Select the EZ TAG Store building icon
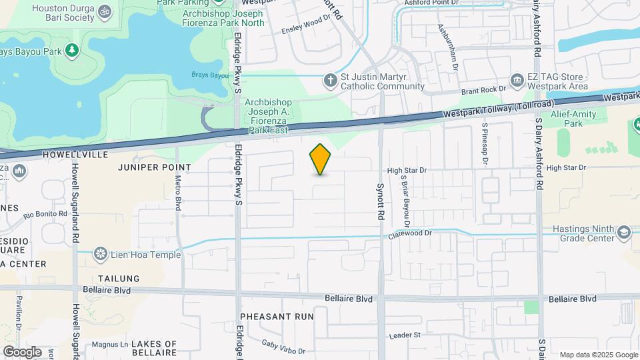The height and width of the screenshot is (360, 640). coord(517,81)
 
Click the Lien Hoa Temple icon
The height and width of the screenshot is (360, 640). coord(101,254)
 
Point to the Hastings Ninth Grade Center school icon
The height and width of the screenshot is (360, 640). coord(623,233)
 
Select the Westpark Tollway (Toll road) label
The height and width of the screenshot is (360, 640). coord(497,109)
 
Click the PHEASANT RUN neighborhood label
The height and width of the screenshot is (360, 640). coord(277,316)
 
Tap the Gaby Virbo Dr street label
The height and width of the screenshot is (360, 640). coord(283,347)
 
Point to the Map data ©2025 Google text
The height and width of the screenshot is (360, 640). coord(597,355)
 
